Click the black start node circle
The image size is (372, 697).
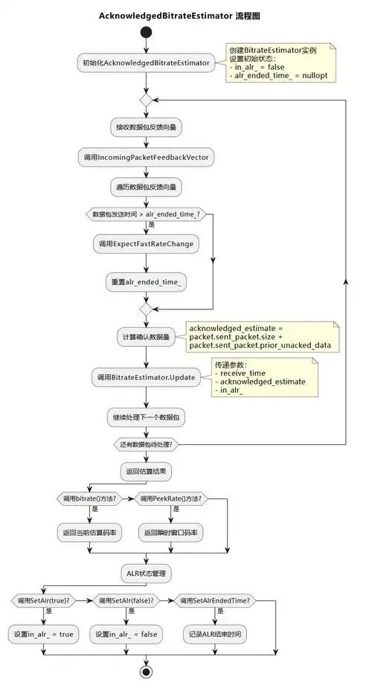tap(146, 33)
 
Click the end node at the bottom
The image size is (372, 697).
tap(146, 672)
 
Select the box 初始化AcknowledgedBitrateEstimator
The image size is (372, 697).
tap(146, 63)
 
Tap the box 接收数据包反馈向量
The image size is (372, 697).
tap(146, 127)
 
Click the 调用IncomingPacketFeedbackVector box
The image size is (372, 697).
tap(146, 157)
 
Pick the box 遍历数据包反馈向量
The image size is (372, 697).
tap(146, 186)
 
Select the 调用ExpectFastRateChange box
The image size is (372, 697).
tap(146, 244)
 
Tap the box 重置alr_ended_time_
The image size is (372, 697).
tap(146, 281)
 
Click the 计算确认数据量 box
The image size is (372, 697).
tap(146, 337)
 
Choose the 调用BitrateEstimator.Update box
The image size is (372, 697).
tap(146, 377)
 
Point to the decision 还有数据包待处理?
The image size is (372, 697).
tap(146, 444)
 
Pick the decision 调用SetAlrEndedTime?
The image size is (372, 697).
tap(217, 600)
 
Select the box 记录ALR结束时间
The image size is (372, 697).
tap(217, 635)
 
